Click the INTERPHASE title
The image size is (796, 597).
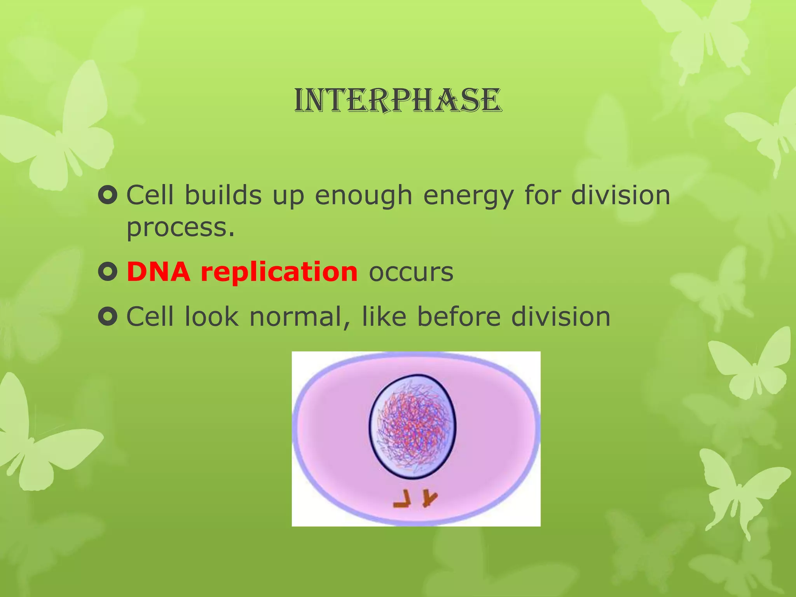(398, 100)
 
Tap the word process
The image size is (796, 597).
(180, 228)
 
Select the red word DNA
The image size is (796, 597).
(159, 272)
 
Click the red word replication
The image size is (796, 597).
(279, 272)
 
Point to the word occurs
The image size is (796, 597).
(411, 272)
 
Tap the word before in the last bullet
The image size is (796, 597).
(459, 317)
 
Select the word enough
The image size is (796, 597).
(363, 196)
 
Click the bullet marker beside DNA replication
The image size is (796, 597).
(108, 272)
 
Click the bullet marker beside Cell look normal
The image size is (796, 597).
(108, 317)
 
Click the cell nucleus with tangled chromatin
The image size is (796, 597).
(412, 426)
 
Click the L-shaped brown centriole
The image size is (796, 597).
(402, 499)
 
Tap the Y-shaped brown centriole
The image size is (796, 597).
(429, 498)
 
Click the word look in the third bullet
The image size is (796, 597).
(211, 317)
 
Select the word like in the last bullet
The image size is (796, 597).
(384, 317)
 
